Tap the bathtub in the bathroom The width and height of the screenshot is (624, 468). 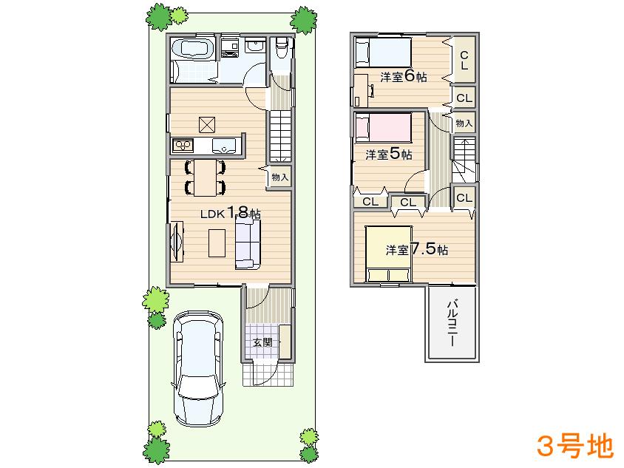[x=192, y=52]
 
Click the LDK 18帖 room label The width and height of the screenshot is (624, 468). [x=231, y=213]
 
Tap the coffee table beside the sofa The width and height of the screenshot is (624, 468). [x=217, y=243]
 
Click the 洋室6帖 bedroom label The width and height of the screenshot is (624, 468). [x=404, y=77]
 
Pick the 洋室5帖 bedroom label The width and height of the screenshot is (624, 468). [x=389, y=155]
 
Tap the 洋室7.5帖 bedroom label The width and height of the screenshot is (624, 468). [x=416, y=249]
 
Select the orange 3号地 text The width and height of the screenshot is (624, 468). [x=574, y=445]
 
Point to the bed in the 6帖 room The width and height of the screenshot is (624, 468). [x=381, y=53]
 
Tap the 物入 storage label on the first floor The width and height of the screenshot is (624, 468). [x=279, y=177]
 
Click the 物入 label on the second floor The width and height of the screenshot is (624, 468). [x=464, y=122]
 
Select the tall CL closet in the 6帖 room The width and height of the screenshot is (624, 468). [x=464, y=60]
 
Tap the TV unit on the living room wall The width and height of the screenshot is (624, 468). [x=177, y=243]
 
